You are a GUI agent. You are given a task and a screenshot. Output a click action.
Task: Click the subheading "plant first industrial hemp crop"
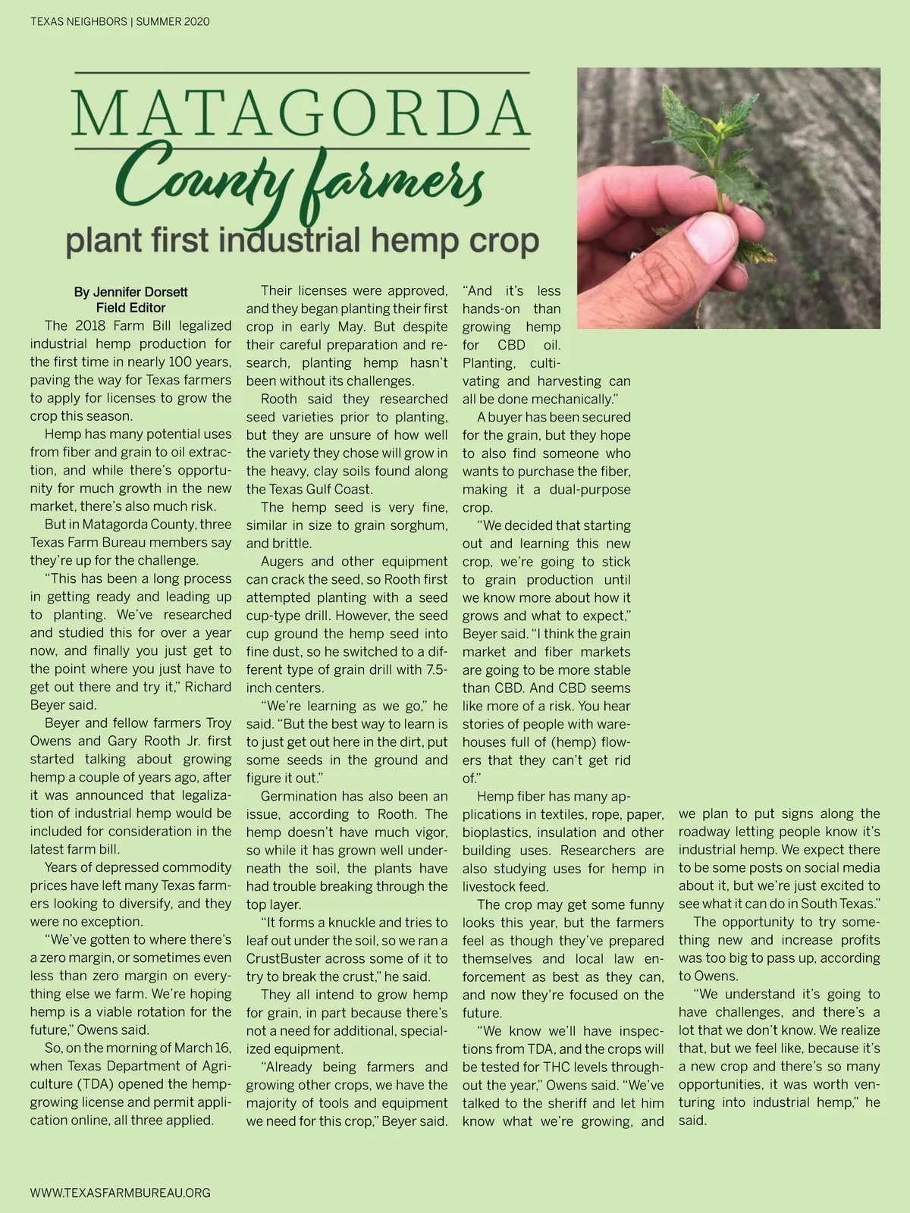302,240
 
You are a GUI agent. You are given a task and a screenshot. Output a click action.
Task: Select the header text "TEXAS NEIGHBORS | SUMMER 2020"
120,22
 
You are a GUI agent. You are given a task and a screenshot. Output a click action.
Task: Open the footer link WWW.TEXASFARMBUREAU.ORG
120,1193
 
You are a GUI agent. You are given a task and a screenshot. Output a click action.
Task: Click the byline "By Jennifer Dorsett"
130,292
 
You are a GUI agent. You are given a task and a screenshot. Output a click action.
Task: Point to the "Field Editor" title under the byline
130,308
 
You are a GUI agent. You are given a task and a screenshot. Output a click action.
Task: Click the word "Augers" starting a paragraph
282,562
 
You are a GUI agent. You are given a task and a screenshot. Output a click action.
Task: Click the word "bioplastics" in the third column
496,832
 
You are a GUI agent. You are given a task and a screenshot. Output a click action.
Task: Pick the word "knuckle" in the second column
358,923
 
